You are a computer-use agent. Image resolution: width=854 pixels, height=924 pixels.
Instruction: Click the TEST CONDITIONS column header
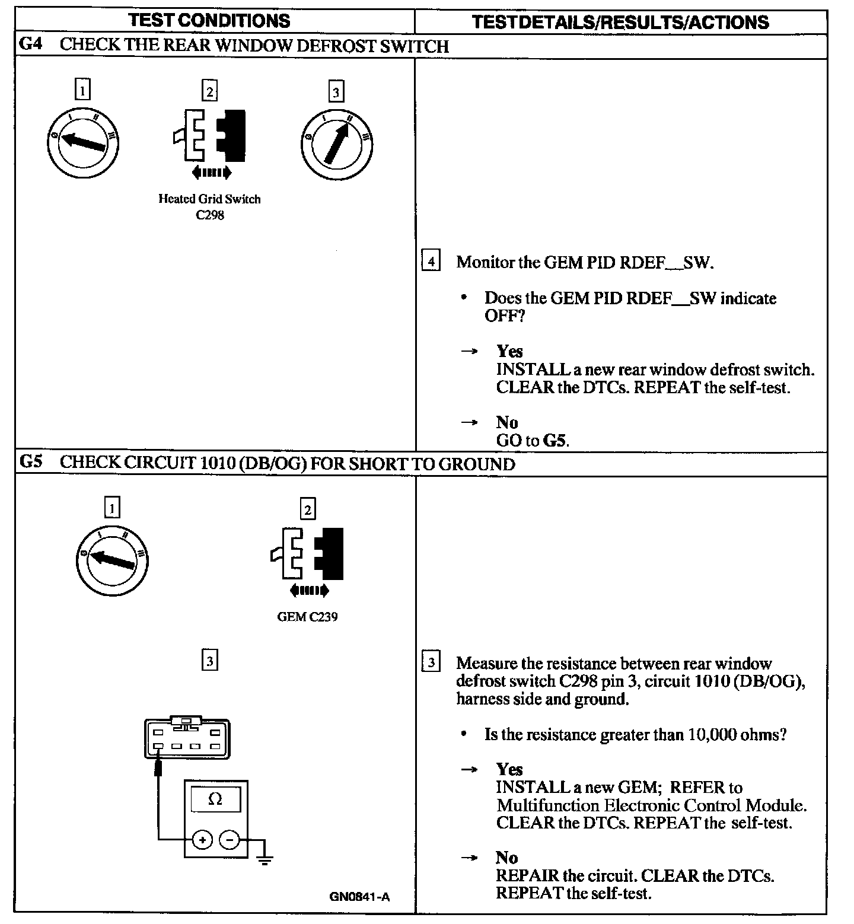click(x=209, y=21)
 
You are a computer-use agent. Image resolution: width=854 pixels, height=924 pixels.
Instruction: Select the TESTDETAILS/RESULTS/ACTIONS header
click(x=620, y=23)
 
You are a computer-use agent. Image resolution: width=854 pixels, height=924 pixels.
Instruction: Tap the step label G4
click(x=31, y=45)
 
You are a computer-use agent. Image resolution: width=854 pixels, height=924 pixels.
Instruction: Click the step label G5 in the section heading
click(x=31, y=463)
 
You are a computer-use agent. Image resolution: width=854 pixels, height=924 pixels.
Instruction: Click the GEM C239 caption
click(x=307, y=617)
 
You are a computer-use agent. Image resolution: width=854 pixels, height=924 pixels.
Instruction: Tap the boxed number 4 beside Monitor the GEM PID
click(x=431, y=262)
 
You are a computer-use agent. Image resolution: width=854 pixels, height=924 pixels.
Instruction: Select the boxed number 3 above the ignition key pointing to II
click(x=336, y=92)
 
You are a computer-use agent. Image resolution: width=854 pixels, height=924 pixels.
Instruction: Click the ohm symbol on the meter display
click(x=215, y=799)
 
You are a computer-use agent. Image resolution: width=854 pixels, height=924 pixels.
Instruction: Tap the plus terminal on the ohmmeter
click(x=202, y=840)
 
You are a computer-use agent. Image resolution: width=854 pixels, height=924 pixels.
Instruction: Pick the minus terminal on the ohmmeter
click(x=230, y=840)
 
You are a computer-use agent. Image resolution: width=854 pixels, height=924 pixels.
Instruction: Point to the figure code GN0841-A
click(x=359, y=897)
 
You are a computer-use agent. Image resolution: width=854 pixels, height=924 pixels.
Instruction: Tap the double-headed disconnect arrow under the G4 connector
click(x=212, y=173)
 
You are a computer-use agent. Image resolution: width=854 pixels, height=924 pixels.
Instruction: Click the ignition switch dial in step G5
click(x=112, y=559)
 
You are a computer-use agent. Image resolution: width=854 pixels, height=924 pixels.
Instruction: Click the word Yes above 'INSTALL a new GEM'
click(x=509, y=769)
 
